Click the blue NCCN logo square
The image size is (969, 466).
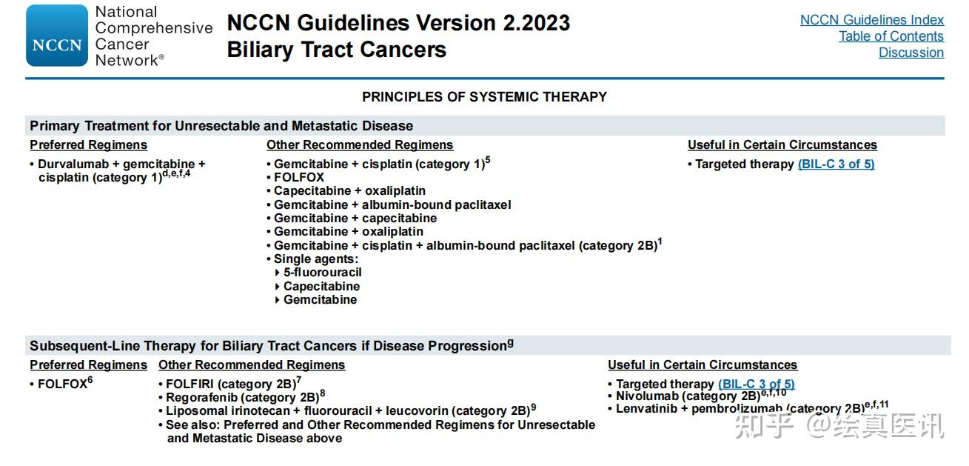(56, 36)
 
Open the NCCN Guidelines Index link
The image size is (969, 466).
(871, 20)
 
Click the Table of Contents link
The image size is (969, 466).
(891, 36)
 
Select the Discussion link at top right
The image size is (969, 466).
(911, 53)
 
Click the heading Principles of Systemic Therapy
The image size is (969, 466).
(484, 97)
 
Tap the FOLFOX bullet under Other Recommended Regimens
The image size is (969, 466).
(299, 178)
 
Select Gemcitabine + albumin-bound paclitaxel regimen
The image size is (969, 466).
(392, 204)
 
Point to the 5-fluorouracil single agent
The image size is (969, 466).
(322, 273)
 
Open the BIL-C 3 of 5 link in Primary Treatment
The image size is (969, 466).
(836, 164)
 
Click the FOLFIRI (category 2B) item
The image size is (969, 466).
(230, 384)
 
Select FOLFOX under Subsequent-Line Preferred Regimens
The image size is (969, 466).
(62, 385)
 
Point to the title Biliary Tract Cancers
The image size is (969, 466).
(336, 50)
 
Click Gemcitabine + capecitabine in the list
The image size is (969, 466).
(355, 219)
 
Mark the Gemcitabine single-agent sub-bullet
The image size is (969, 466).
(320, 300)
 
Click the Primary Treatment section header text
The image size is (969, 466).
(221, 126)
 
